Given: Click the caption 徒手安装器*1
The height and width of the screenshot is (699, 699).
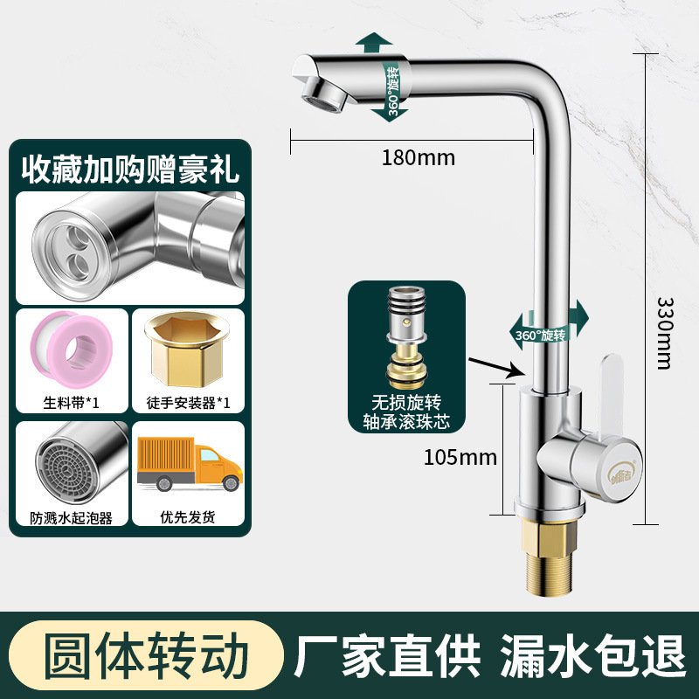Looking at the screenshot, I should click(188, 402).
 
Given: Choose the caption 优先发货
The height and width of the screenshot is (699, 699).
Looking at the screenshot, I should click(188, 517).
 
